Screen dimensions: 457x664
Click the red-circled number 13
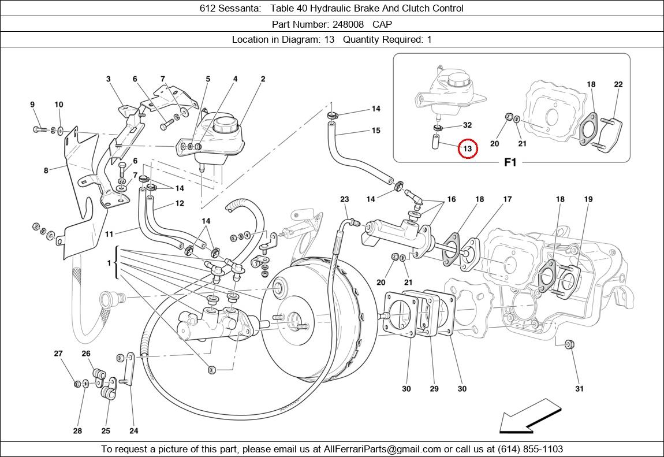click(x=468, y=149)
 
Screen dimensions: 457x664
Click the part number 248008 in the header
click(x=348, y=24)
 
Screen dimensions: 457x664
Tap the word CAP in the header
click(x=382, y=24)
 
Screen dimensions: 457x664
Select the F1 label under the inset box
click(x=510, y=162)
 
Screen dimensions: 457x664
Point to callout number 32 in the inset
click(x=467, y=125)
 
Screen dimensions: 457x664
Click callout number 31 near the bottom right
click(x=579, y=389)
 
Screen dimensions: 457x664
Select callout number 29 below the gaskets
click(x=434, y=389)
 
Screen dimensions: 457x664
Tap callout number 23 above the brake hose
click(x=345, y=199)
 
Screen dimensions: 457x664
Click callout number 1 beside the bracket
click(x=109, y=263)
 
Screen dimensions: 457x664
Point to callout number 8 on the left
click(x=46, y=170)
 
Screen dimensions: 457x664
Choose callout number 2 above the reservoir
click(x=263, y=79)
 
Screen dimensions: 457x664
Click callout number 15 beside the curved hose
click(x=376, y=131)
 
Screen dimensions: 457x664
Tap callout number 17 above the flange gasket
click(x=507, y=199)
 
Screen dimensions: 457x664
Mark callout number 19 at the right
click(x=588, y=199)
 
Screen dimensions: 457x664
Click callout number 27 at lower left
click(x=58, y=354)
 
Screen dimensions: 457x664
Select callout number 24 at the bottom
click(x=134, y=430)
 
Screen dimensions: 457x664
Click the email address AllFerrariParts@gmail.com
click(x=383, y=449)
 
